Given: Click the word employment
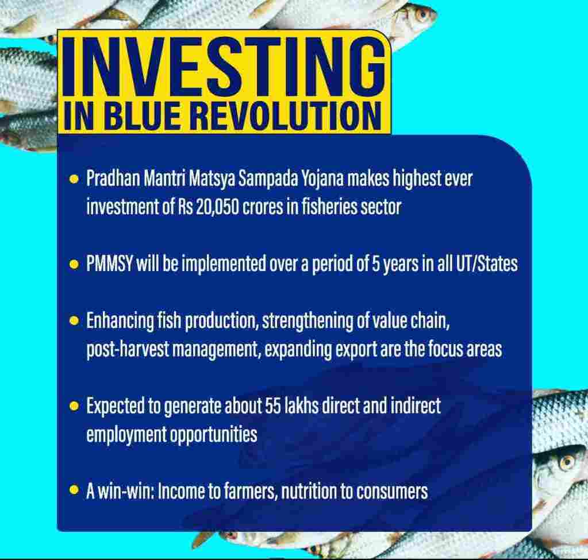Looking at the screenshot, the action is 126,435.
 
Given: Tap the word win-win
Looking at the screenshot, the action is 126,491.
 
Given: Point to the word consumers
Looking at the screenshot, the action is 391,492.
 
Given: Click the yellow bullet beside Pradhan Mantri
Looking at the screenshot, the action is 74,179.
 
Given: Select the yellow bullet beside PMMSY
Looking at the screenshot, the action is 74,265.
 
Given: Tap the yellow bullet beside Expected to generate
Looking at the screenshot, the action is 74,406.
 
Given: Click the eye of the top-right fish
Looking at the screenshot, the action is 423,15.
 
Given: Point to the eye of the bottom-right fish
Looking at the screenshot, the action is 567,462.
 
